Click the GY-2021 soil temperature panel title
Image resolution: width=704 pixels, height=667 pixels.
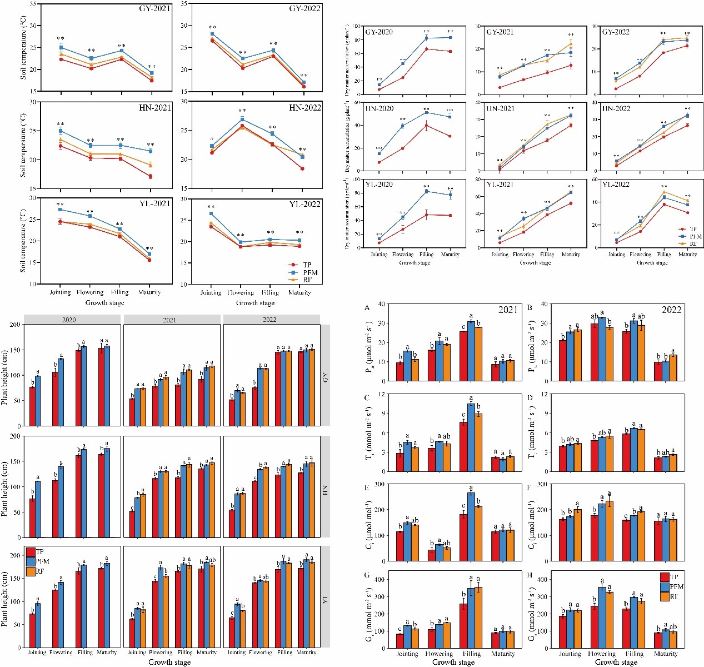[155, 9]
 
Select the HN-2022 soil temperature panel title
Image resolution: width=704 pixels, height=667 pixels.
[305, 107]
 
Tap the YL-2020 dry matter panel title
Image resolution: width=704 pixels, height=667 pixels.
[379, 185]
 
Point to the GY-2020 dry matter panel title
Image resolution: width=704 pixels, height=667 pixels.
[379, 32]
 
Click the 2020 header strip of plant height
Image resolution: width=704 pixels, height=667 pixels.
[69, 320]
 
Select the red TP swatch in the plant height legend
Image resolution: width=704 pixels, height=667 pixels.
[30, 552]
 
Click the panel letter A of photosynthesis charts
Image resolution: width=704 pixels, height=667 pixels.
[367, 307]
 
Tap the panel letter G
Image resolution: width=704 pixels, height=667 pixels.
[367, 574]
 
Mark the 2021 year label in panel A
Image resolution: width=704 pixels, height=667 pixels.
[508, 310]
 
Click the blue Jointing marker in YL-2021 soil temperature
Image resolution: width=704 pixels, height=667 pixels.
[60, 210]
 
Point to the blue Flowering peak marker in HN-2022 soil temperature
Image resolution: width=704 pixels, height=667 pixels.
[242, 120]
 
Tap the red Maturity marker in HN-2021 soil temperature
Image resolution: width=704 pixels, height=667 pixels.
[150, 176]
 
